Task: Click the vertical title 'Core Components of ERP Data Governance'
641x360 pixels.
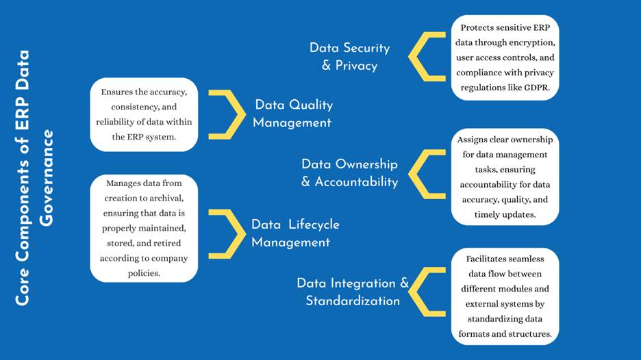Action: pyautogui.click(x=34, y=178)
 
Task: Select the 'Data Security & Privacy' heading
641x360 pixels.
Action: pyautogui.click(x=349, y=56)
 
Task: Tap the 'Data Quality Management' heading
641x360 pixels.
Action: pyautogui.click(x=292, y=114)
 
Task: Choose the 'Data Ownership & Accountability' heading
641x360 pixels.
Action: pyautogui.click(x=349, y=173)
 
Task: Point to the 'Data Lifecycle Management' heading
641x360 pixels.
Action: pyautogui.click(x=295, y=233)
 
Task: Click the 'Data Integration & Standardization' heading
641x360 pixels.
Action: pyautogui.click(x=353, y=292)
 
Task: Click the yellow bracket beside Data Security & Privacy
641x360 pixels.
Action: pyautogui.click(x=427, y=56)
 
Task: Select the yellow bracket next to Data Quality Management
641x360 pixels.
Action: pyautogui.click(x=227, y=115)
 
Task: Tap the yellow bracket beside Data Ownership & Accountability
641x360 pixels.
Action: pyautogui.click(x=427, y=174)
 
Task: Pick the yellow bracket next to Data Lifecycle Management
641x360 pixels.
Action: pyautogui.click(x=227, y=234)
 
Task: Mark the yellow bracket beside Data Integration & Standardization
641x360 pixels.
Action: pyautogui.click(x=427, y=292)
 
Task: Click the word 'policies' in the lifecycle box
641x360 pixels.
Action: pyautogui.click(x=143, y=273)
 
